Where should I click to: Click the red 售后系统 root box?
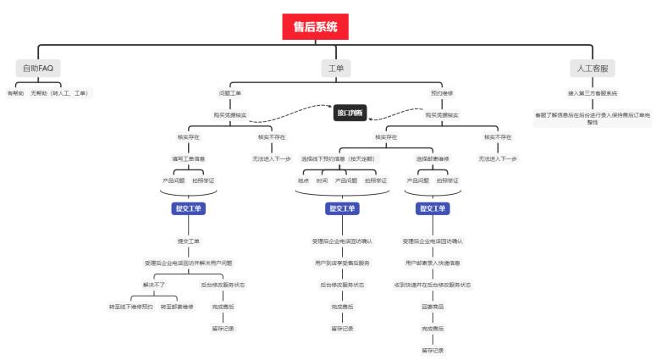point(315,27)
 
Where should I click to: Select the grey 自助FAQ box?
point(38,68)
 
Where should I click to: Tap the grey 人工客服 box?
point(592,68)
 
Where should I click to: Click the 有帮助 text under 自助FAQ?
point(15,92)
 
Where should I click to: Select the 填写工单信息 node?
point(188,158)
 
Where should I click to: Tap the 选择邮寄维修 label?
point(433,158)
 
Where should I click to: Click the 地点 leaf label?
point(303,180)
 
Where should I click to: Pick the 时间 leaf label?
point(322,180)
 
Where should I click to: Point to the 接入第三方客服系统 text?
point(593,92)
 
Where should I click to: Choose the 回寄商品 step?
point(433,306)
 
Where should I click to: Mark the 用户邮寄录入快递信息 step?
point(433,263)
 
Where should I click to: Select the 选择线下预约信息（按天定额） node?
point(341,158)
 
